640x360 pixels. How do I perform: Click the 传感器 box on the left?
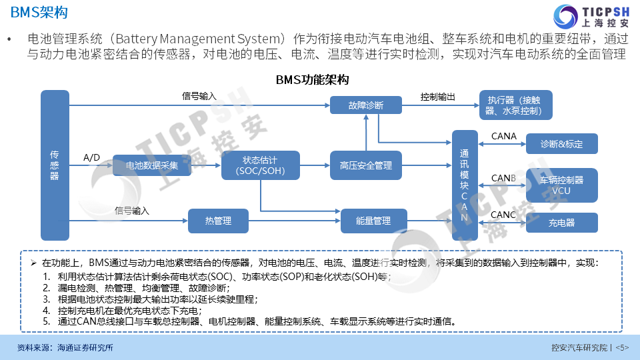(x=55, y=165)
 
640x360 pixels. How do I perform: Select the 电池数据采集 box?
(x=152, y=165)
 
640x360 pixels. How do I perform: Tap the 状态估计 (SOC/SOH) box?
(x=260, y=165)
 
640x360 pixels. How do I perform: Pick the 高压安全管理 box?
(x=366, y=165)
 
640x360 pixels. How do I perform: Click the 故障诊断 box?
(x=366, y=105)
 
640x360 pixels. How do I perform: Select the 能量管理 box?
(x=374, y=221)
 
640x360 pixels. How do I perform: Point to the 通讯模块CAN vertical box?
(x=465, y=185)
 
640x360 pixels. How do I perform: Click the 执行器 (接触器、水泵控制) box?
(x=516, y=105)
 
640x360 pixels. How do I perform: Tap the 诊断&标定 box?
(x=561, y=144)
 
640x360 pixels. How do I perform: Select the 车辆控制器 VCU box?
(x=561, y=185)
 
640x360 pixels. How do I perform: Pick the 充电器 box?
(x=561, y=223)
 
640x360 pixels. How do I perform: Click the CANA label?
(x=503, y=136)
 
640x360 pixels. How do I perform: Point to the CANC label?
(x=503, y=215)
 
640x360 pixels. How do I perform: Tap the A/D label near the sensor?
(x=91, y=158)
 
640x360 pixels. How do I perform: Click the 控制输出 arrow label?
(x=438, y=97)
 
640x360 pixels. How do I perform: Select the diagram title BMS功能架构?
(x=313, y=79)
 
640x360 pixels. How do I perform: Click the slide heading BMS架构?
(x=39, y=13)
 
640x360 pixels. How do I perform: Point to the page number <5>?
(x=621, y=347)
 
